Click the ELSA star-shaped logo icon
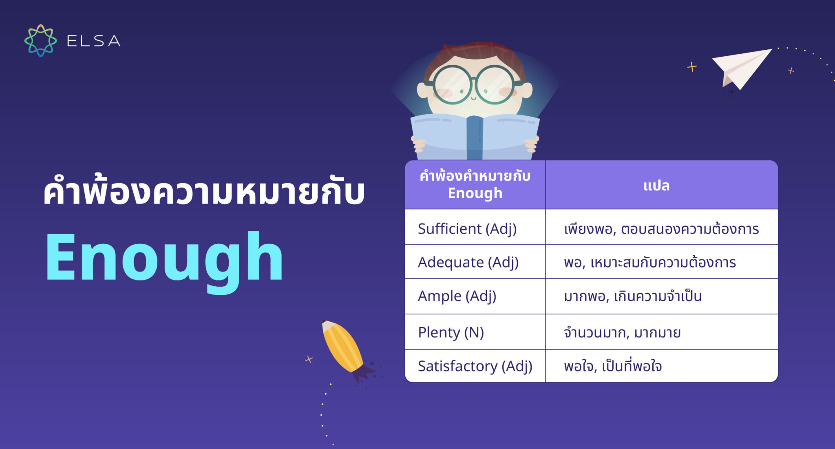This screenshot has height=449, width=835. tap(40, 40)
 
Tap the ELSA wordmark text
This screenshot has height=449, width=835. tap(93, 41)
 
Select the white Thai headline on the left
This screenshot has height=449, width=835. tap(204, 192)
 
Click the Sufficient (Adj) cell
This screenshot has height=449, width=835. tap(467, 229)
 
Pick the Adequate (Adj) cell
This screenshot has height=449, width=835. tap(468, 262)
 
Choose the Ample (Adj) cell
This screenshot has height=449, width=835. tap(457, 296)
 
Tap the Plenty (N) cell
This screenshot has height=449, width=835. tap(451, 332)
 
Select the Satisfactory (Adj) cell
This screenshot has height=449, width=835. tap(475, 366)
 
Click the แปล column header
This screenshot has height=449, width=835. tap(656, 186)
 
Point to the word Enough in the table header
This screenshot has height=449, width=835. tap(475, 193)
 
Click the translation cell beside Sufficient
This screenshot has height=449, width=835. tap(661, 229)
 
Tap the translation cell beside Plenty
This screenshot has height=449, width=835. tap(622, 333)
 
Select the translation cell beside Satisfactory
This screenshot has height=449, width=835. tap(613, 366)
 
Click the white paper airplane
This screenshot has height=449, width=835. tap(740, 67)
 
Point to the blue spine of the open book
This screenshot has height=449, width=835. tap(475, 137)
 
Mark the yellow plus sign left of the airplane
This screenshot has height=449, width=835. tap(692, 66)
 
